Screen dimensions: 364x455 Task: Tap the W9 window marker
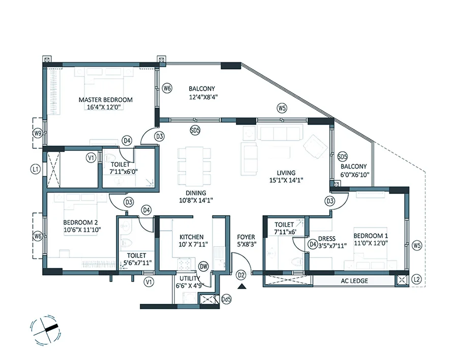[x=37, y=133]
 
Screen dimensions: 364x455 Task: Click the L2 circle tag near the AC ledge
[x=417, y=279]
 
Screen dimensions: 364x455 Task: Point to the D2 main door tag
[x=241, y=275]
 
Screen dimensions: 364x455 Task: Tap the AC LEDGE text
[x=354, y=281]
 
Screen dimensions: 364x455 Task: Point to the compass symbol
[x=45, y=330]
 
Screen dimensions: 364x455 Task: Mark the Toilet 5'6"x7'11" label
[x=137, y=259]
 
